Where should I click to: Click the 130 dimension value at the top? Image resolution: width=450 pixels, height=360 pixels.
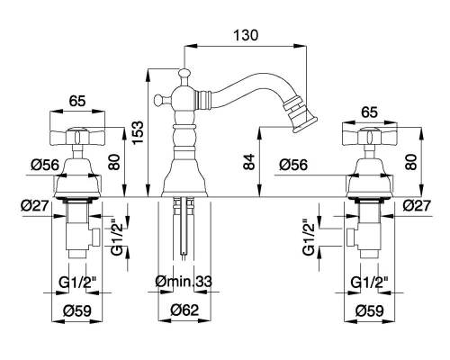pyautogui.click(x=246, y=35)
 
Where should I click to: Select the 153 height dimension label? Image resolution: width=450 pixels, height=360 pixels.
pyautogui.click(x=139, y=132)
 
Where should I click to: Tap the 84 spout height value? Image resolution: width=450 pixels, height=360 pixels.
pyautogui.click(x=249, y=162)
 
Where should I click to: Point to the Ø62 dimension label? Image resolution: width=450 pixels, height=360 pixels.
pyautogui.click(x=184, y=310)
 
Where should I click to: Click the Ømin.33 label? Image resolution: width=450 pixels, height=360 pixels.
pyautogui.click(x=184, y=281)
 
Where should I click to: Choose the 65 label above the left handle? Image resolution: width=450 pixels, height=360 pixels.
pyautogui.click(x=77, y=101)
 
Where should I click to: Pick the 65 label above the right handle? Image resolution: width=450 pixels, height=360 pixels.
pyautogui.click(x=369, y=112)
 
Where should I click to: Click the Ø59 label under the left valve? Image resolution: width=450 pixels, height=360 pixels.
pyautogui.click(x=77, y=310)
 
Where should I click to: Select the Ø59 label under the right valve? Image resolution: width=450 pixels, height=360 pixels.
pyautogui.click(x=370, y=310)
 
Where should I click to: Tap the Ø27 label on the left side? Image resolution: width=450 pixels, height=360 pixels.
pyautogui.click(x=35, y=206)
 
